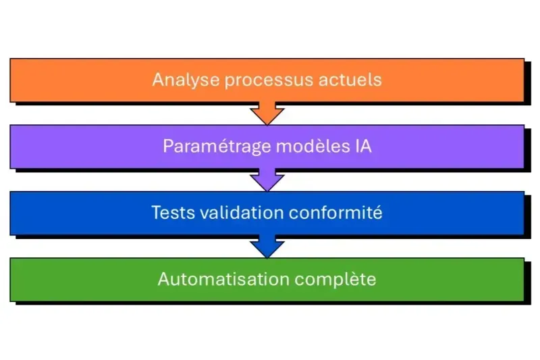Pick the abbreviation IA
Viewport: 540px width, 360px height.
pos(362,147)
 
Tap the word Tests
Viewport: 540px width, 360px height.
pos(170,213)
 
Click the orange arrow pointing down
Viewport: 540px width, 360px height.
pos(267,113)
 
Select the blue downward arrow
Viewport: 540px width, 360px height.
pos(267,247)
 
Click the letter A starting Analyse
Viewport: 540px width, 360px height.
pos(158,80)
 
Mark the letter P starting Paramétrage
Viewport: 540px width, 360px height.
pos(167,147)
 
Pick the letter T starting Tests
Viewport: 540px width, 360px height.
pos(157,213)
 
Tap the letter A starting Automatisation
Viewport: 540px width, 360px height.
pos(163,279)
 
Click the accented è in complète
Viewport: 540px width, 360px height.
pos(360,279)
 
